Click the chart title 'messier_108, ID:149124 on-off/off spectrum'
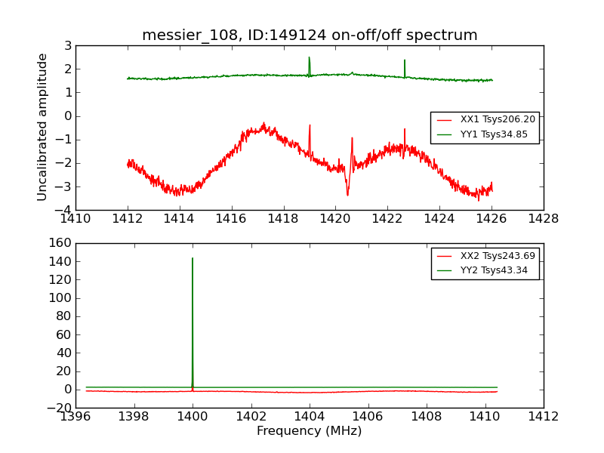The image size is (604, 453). click(310, 35)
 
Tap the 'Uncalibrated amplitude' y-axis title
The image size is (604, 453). click(43, 127)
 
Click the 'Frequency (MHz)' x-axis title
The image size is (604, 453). click(310, 431)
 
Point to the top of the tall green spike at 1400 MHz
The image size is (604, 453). click(193, 258)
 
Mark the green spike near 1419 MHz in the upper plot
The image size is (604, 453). click(309, 58)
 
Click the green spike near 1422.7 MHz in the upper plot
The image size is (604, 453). click(405, 60)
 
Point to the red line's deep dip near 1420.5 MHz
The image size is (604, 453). click(347, 195)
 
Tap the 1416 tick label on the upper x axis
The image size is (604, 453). click(232, 219)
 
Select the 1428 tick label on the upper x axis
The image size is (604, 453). click(543, 219)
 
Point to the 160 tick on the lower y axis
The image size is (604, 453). click(62, 243)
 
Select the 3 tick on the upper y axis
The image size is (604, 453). click(68, 46)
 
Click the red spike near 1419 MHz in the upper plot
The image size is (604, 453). click(310, 126)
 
